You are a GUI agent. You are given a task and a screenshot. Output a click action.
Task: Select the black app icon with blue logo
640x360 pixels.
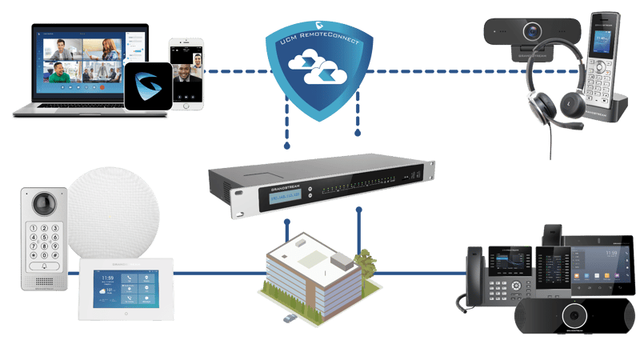pos(146,86)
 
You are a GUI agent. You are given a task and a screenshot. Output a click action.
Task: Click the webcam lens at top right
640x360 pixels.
pos(532,32)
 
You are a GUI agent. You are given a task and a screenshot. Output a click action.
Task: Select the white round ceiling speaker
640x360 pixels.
pos(112,212)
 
